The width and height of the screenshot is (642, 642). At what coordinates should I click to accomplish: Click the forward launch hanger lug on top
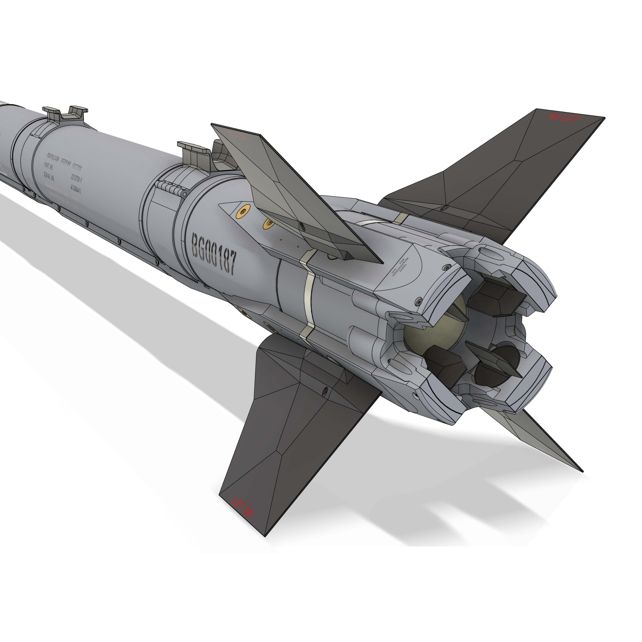65,113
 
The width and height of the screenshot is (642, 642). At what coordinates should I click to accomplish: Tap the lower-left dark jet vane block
445,364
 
